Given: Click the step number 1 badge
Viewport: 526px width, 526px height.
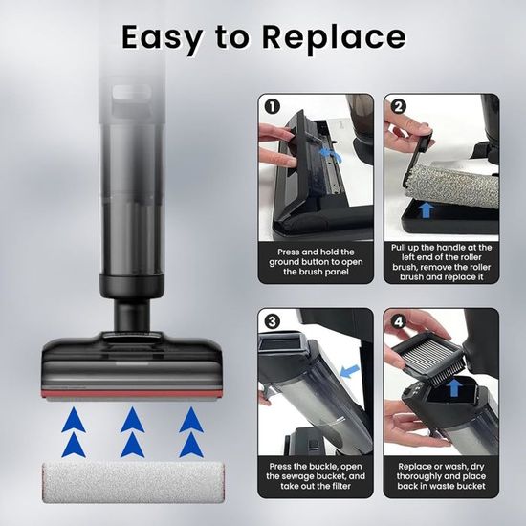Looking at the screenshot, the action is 273,107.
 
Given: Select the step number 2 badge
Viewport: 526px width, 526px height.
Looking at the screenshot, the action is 398,107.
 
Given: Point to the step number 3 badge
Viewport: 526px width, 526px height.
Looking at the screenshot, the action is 273,321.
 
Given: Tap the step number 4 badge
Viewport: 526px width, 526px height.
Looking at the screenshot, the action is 398,322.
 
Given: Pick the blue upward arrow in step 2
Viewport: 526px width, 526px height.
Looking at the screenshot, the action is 426,210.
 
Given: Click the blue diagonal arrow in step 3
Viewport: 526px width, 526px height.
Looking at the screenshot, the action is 349,371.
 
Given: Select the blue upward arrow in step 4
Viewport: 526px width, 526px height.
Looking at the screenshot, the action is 454,387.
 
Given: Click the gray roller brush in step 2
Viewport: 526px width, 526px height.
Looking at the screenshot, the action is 451,186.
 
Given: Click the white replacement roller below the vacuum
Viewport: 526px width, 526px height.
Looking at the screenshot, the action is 133,482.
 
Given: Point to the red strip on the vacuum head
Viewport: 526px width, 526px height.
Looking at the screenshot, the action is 132,393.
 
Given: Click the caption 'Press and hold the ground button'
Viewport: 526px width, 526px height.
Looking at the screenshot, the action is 316,262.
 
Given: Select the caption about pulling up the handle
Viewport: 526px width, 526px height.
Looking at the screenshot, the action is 442,262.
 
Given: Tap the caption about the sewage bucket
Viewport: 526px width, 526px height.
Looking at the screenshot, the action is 316,476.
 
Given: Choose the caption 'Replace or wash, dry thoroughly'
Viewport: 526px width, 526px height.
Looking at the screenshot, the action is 442,476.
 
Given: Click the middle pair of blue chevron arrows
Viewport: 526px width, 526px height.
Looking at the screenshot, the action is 133,432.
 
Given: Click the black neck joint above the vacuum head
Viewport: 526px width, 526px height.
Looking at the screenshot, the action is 132,316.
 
